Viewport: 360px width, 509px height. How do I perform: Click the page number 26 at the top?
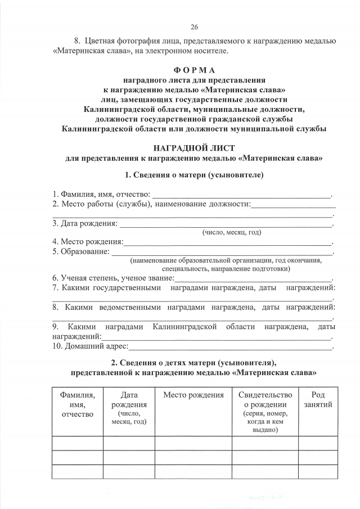(195, 27)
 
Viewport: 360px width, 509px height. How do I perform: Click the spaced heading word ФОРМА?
(194, 70)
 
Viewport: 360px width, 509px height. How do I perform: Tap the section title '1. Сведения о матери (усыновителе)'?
(194, 175)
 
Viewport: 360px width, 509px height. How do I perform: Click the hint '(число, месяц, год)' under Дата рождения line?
(232, 232)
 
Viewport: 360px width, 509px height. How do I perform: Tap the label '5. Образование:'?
(81, 251)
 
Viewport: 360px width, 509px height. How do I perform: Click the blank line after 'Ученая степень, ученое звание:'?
(253, 280)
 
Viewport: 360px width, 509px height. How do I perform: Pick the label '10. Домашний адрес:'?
(91, 346)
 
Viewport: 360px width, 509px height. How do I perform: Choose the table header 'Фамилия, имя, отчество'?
(77, 405)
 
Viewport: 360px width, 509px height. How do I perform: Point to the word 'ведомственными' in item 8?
(130, 308)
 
